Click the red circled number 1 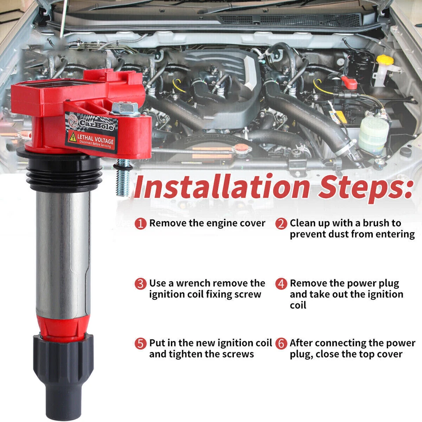coord(140,223)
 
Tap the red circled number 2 coord(281,223)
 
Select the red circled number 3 coord(140,284)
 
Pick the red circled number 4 coord(281,284)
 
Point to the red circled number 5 coord(140,343)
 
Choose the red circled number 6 coord(281,343)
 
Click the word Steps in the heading coord(365,186)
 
